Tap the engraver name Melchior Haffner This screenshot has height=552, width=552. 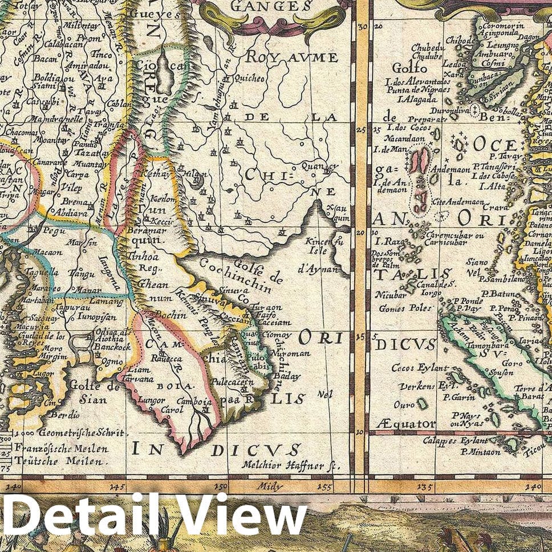(287, 465)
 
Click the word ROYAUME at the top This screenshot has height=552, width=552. (291, 58)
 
